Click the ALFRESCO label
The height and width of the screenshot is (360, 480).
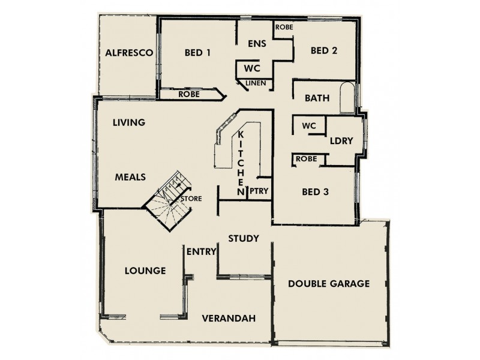[128, 53]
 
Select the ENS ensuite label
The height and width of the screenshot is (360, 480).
[257, 44]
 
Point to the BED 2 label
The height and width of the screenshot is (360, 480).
[323, 51]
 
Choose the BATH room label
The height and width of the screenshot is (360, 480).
[317, 98]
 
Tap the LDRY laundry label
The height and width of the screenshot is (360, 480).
[341, 141]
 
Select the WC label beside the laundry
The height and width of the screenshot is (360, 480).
[309, 127]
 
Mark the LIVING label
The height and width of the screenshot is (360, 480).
[129, 123]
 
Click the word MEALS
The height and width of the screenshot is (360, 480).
[131, 178]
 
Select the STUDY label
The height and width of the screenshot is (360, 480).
[244, 239]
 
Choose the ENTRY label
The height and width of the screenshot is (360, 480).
[200, 251]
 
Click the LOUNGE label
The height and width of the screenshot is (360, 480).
[145, 271]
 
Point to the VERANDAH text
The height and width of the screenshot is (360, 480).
[229, 318]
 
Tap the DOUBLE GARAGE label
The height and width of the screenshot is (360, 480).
[329, 284]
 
